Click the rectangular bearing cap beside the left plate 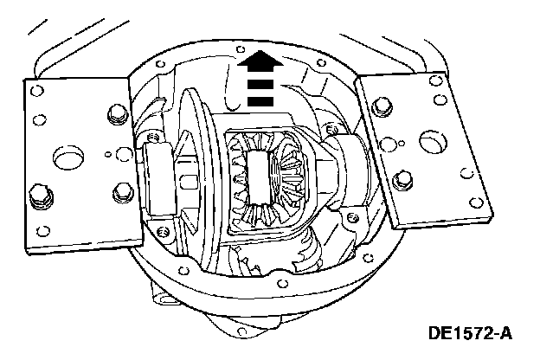pyautogui.click(x=159, y=177)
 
